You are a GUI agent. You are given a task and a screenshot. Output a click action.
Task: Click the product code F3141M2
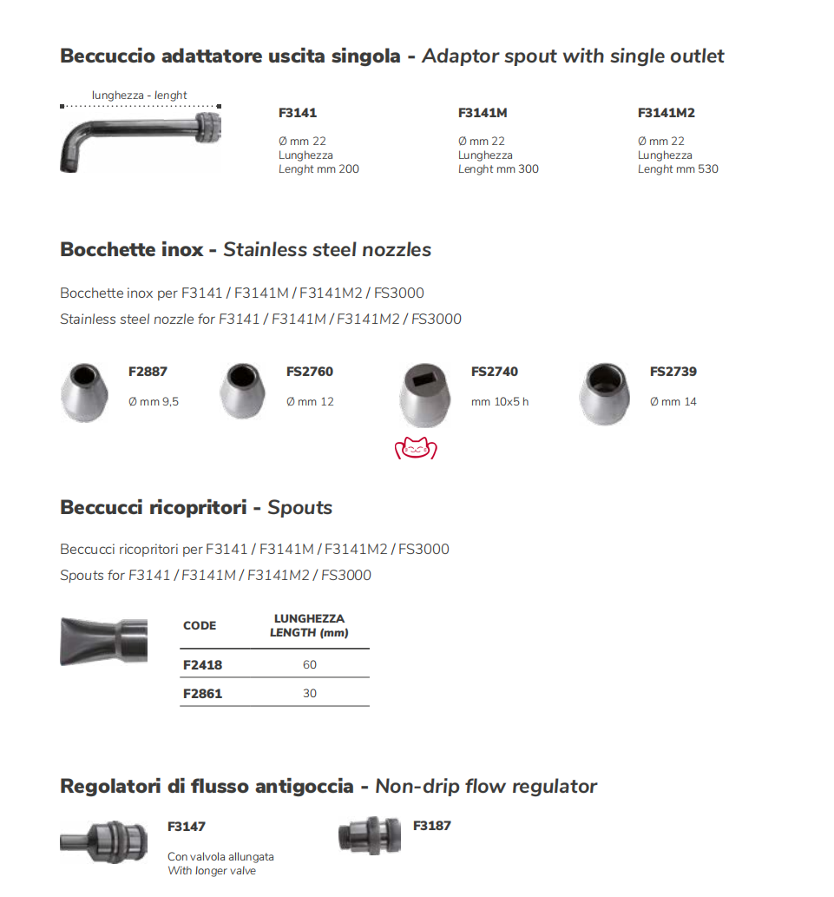tap(666, 113)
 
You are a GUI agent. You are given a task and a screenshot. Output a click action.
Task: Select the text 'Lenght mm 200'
tap(318, 169)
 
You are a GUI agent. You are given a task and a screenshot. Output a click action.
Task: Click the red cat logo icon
tap(416, 448)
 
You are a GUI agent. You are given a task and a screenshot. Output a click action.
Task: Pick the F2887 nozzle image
tap(85, 393)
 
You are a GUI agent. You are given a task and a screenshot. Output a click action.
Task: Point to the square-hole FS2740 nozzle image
tap(426, 395)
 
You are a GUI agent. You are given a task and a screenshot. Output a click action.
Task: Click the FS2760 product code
tap(309, 372)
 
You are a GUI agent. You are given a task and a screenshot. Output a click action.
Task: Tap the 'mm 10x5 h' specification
tap(499, 402)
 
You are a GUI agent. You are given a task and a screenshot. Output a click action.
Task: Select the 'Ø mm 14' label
tap(673, 402)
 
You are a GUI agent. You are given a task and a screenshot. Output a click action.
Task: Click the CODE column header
tap(200, 625)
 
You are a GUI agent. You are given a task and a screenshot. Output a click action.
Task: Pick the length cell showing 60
tap(310, 665)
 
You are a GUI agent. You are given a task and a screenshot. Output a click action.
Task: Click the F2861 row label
tap(202, 694)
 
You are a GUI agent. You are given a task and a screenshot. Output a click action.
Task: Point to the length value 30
tap(310, 694)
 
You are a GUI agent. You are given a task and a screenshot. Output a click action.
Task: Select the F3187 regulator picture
tap(369, 835)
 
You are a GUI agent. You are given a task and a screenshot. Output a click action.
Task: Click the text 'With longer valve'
tap(212, 871)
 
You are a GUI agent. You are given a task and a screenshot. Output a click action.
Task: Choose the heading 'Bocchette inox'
tap(131, 250)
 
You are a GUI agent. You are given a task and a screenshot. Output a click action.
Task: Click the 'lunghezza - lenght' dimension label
tap(140, 96)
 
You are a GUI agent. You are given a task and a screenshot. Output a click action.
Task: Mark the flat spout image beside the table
tap(102, 641)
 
